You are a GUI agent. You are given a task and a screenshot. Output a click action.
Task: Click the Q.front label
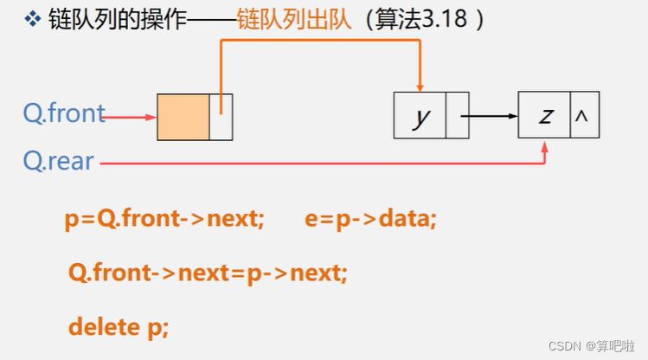point(64,113)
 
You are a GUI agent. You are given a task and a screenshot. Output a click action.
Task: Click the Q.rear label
point(58,161)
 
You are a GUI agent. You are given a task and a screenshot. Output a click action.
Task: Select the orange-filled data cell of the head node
point(183,116)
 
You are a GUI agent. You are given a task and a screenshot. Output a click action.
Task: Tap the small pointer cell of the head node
point(221,116)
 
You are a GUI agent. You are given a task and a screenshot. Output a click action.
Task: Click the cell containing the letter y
point(420,115)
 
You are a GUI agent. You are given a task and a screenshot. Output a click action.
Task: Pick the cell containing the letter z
point(544,115)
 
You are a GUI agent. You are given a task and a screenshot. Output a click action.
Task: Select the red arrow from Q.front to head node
point(130,116)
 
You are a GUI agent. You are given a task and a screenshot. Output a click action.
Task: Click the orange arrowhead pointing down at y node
point(420,85)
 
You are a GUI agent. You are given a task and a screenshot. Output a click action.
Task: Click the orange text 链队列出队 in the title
point(294,20)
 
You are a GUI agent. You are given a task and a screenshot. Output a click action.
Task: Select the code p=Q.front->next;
point(164,219)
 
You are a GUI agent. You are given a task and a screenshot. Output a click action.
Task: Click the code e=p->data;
point(371,219)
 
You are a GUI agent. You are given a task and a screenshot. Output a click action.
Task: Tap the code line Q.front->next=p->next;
point(208,273)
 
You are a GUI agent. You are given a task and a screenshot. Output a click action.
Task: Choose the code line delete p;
point(119,327)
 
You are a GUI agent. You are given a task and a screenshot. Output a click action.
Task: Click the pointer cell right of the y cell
point(457,115)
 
